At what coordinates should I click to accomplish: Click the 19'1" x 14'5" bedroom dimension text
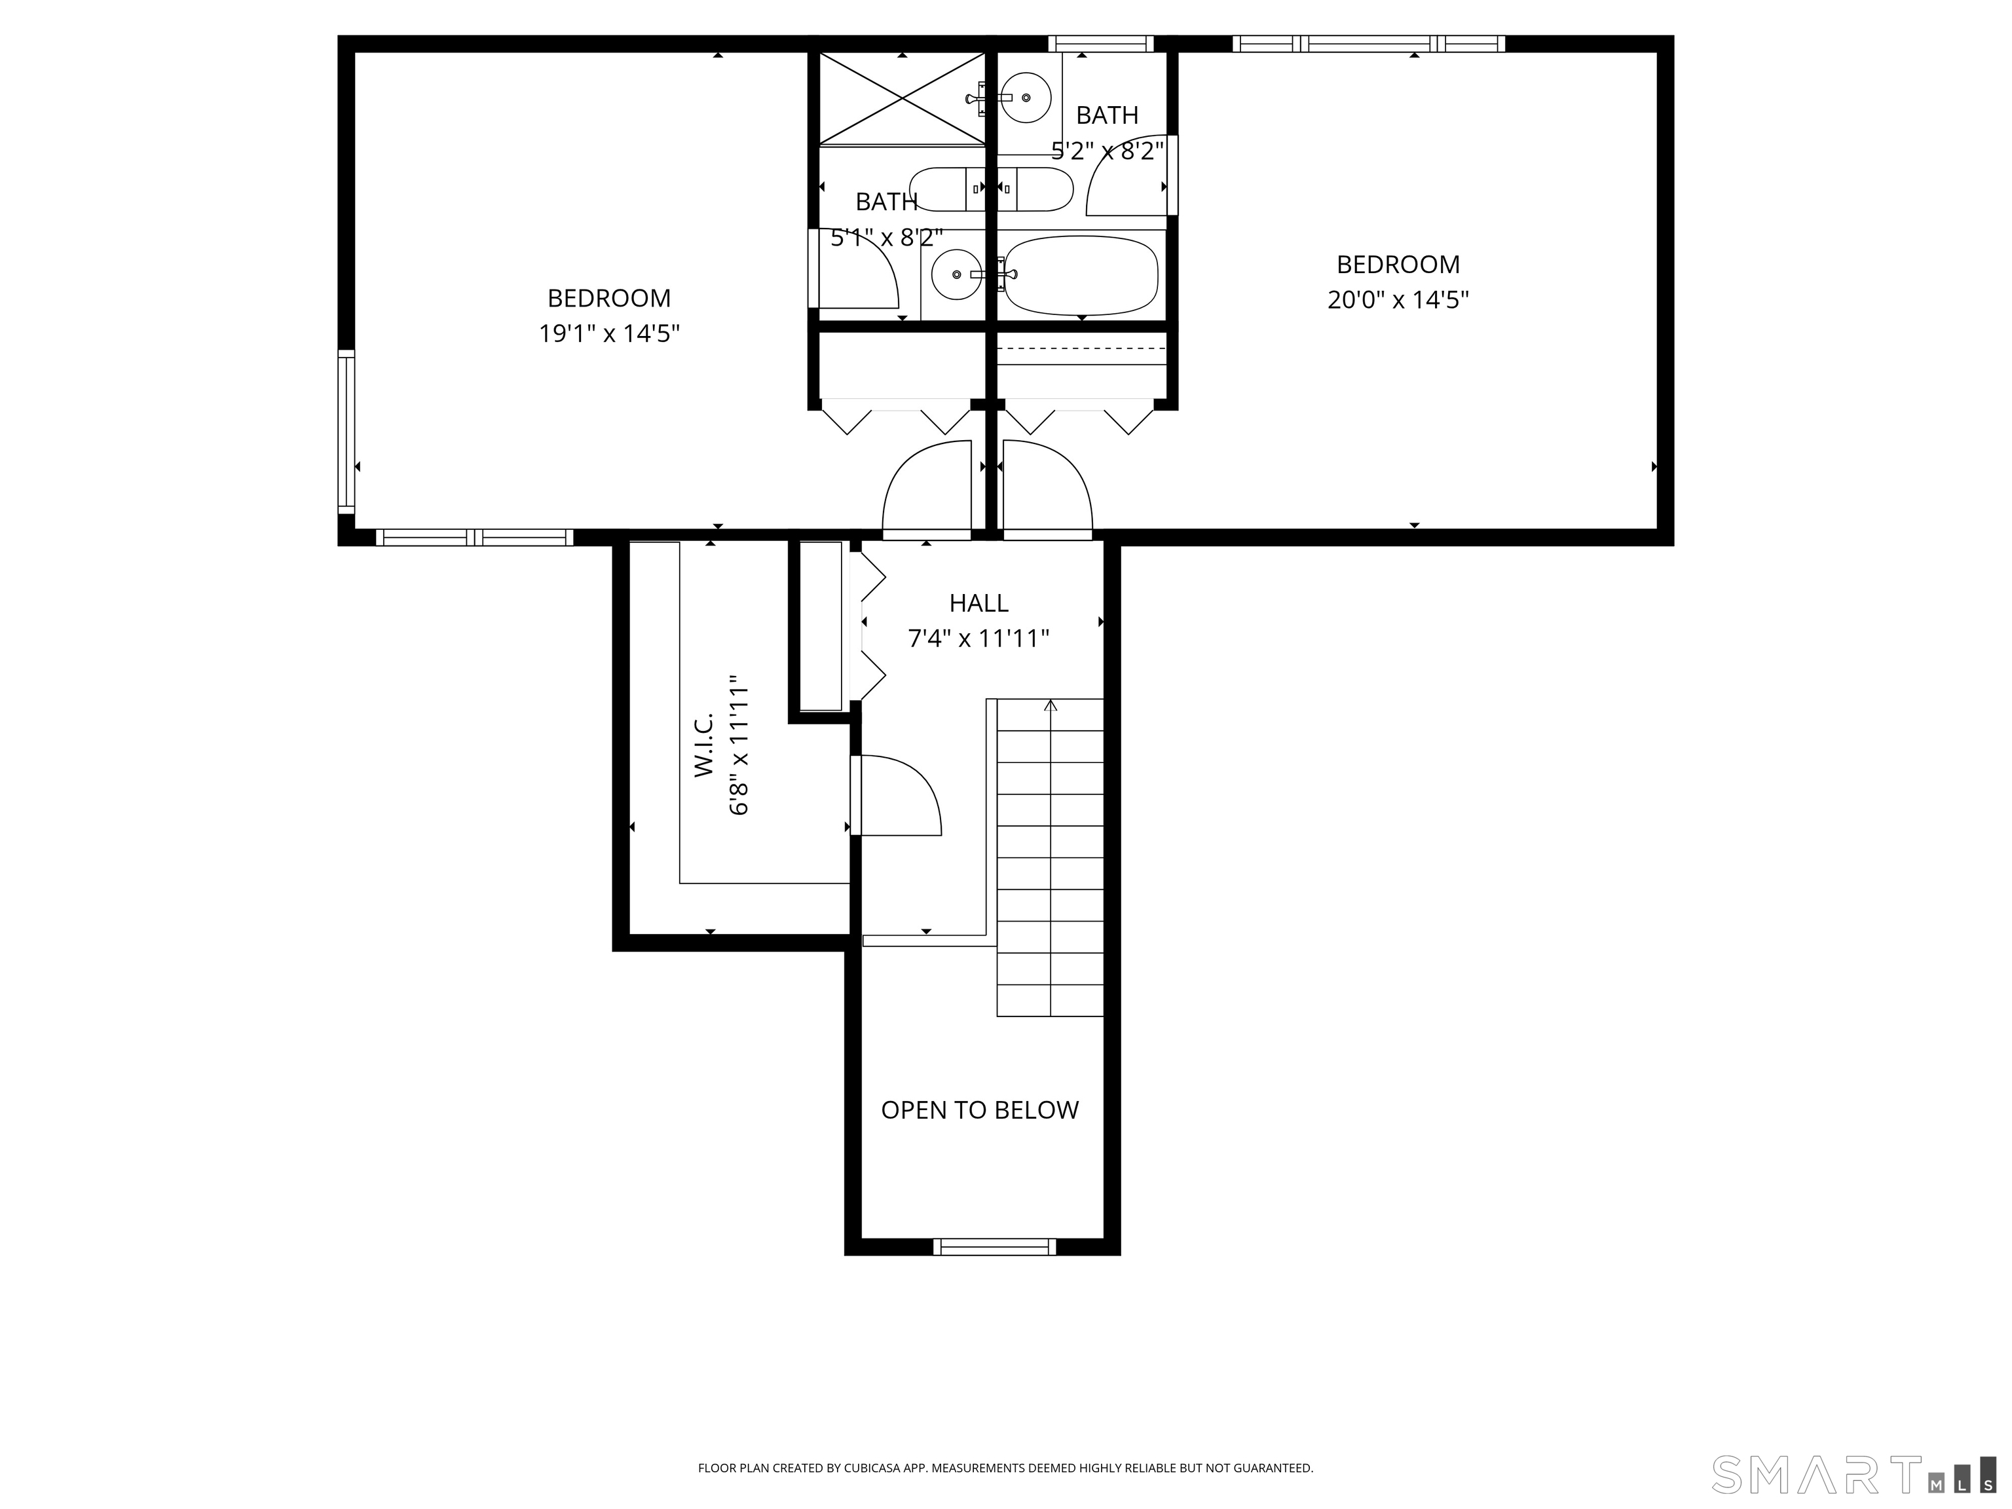pyautogui.click(x=609, y=334)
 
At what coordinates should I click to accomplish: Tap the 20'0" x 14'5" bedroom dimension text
pyautogui.click(x=1398, y=300)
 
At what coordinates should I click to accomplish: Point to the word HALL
pyautogui.click(x=978, y=603)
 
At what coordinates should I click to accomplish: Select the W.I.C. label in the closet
pyautogui.click(x=704, y=744)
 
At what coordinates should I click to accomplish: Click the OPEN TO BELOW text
pyautogui.click(x=980, y=1109)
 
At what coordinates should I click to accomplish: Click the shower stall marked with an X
pyautogui.click(x=903, y=98)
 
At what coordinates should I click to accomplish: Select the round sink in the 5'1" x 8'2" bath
pyautogui.click(x=956, y=274)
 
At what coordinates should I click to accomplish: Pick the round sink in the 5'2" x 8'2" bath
pyautogui.click(x=1026, y=96)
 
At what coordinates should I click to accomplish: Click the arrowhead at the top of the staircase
pyautogui.click(x=1051, y=704)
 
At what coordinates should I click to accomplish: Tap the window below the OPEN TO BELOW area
pyautogui.click(x=994, y=1247)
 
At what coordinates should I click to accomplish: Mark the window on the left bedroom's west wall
pyautogui.click(x=346, y=433)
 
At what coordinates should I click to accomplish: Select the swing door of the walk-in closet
pyautogui.click(x=896, y=795)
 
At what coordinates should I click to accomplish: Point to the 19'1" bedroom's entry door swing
pyautogui.click(x=927, y=486)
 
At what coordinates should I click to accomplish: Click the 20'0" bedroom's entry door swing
pyautogui.click(x=1047, y=486)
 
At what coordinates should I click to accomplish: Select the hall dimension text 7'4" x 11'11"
pyautogui.click(x=978, y=639)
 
